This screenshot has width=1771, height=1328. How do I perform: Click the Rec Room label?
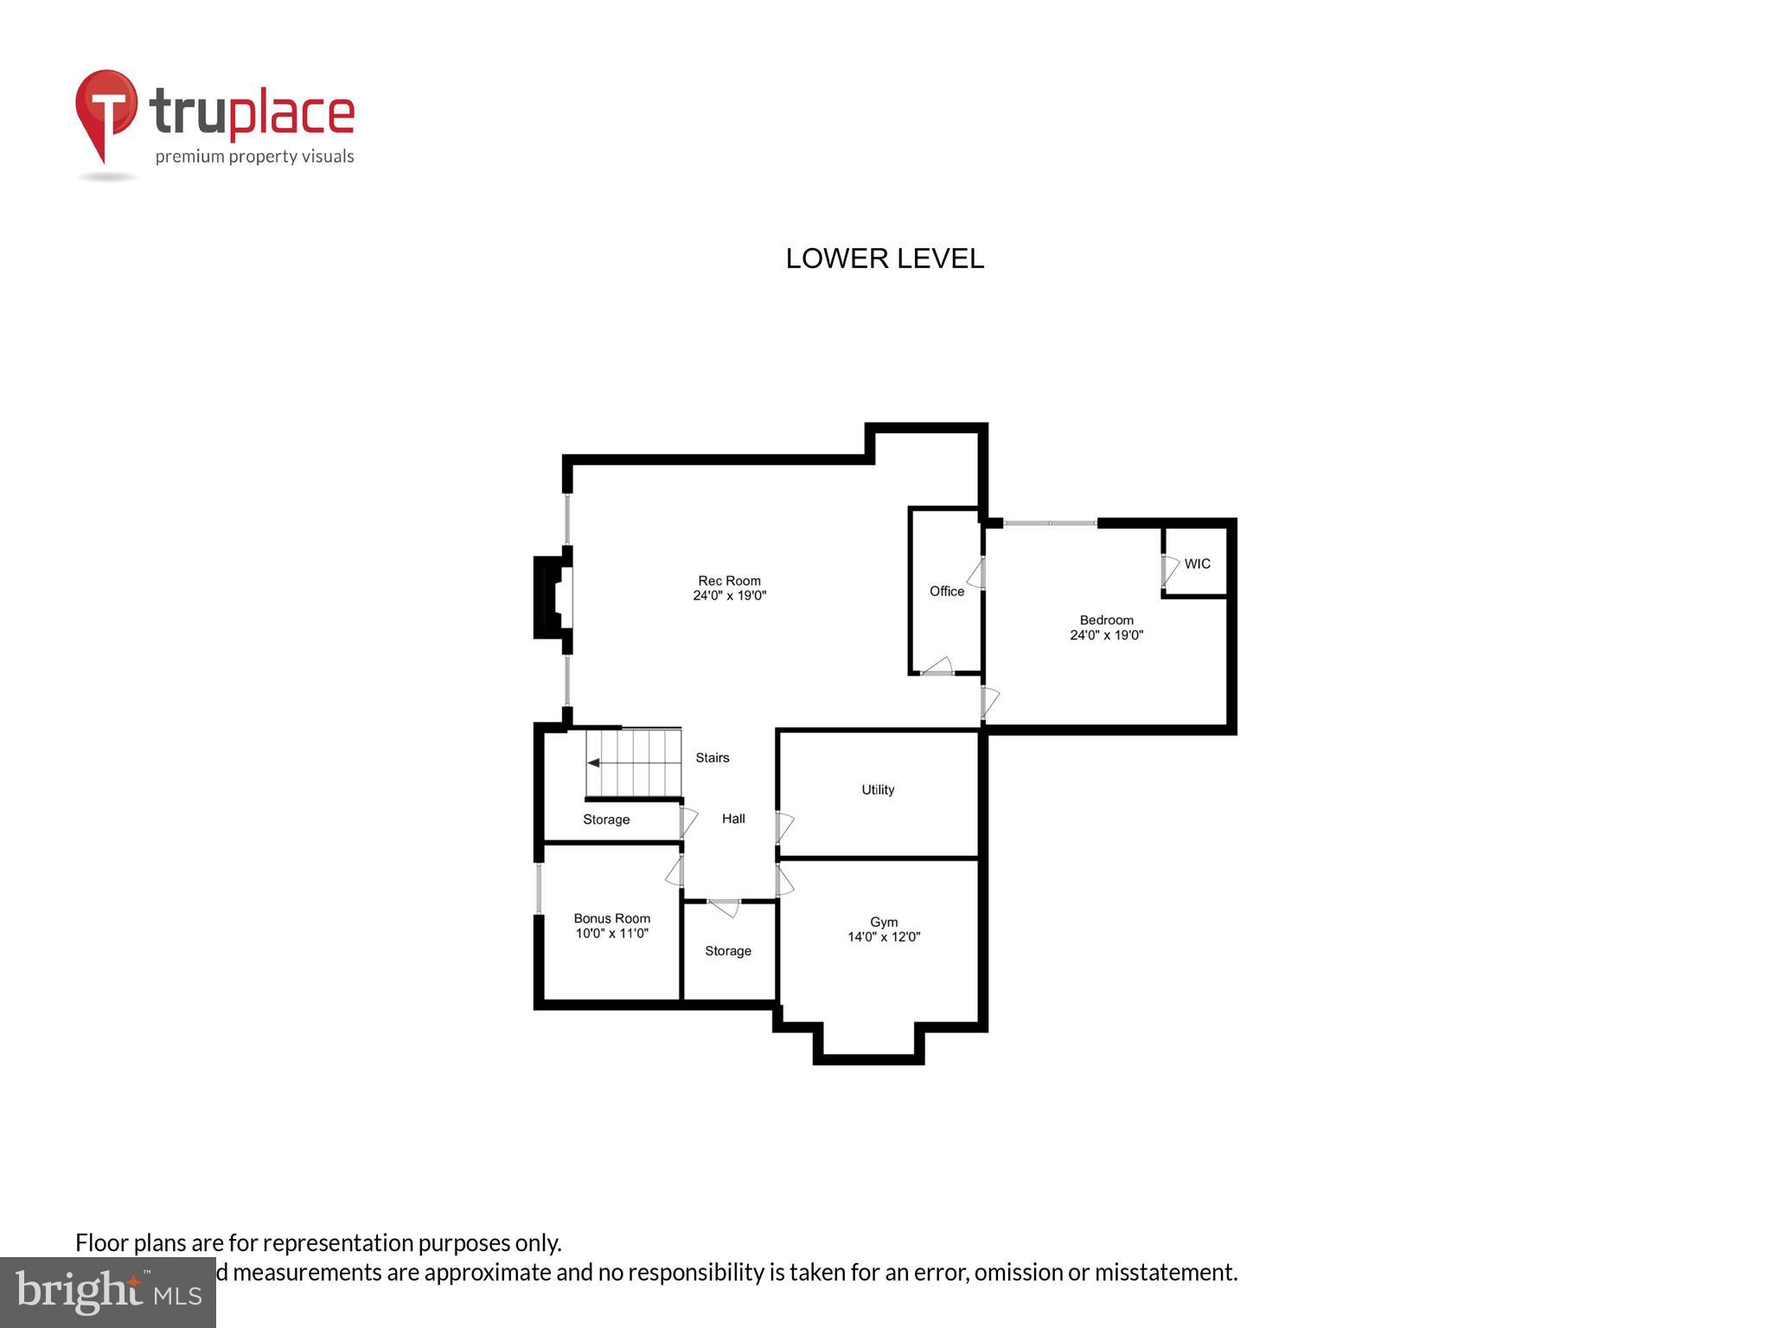click(729, 581)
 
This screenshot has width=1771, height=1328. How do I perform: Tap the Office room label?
click(947, 591)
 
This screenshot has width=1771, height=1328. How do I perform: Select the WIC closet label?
click(1197, 564)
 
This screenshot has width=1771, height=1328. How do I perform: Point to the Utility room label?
click(878, 789)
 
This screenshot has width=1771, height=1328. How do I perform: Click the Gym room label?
click(884, 923)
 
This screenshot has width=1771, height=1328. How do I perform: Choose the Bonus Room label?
click(612, 918)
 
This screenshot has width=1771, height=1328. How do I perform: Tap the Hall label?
click(733, 819)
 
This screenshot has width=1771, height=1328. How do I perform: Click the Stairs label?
click(713, 757)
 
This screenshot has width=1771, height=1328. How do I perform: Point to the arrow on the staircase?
click(595, 763)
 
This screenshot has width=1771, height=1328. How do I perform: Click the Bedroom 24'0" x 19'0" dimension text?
click(1106, 635)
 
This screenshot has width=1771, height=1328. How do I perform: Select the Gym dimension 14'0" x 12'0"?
click(884, 937)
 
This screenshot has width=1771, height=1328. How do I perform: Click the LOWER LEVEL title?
click(885, 259)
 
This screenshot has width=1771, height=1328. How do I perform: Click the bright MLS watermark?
click(108, 1292)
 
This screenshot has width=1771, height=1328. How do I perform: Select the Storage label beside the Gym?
click(728, 951)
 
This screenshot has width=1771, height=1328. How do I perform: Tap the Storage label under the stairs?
click(606, 820)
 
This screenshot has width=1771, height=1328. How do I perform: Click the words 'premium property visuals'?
click(254, 156)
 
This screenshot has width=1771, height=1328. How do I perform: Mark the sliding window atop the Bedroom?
click(1050, 523)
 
